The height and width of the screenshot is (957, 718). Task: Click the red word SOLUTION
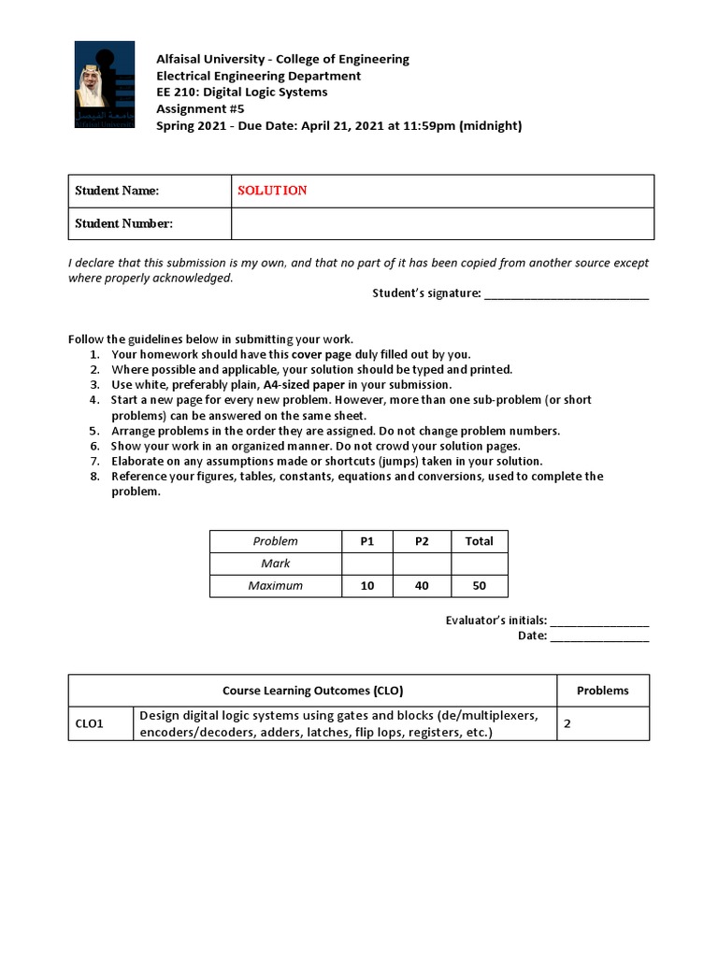pos(272,191)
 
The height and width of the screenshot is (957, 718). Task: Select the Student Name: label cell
pos(117,191)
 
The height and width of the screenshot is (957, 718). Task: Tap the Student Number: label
pos(123,223)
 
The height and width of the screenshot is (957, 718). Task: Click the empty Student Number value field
pos(442,223)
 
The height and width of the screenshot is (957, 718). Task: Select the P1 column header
pos(367,541)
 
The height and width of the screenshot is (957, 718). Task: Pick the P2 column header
pos(419,541)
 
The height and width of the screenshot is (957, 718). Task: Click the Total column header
pos(479,541)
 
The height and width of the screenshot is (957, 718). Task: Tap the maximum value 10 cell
pos(367,586)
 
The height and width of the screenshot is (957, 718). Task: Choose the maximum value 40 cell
pos(419,586)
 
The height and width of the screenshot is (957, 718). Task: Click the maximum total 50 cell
pos(479,586)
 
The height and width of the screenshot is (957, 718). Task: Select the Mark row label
pos(276,564)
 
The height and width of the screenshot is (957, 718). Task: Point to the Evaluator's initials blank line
pos(599,621)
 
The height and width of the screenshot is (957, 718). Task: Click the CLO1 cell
pos(89,724)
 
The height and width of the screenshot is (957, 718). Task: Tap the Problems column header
pos(602,691)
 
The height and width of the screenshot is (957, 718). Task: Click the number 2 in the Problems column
pos(567,723)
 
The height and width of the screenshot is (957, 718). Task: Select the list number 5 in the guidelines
pos(94,431)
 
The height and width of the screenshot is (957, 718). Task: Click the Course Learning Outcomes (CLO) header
pos(312,691)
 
